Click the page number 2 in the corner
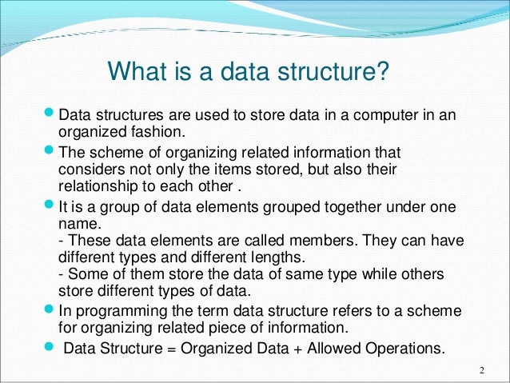[x=483, y=370]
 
